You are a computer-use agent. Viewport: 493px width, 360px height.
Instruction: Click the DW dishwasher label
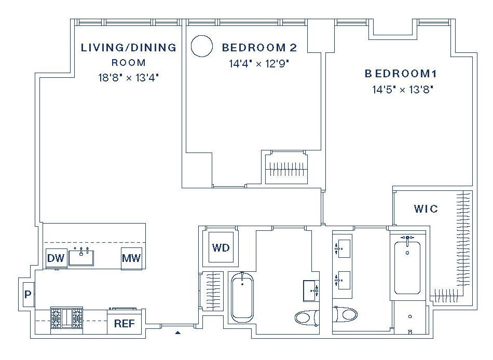click(x=56, y=258)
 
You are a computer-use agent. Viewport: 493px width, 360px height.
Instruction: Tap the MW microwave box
click(x=131, y=258)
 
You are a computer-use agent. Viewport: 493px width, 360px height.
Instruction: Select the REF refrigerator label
click(x=125, y=324)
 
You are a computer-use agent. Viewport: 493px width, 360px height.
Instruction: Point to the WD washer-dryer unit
click(x=221, y=247)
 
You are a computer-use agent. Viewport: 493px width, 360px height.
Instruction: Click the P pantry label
click(x=28, y=295)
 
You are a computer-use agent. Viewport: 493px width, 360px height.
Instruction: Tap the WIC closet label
click(x=426, y=209)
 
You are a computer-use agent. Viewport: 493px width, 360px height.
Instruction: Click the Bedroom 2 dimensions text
click(x=259, y=64)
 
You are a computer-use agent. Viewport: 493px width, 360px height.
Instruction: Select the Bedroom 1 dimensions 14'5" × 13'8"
click(x=403, y=90)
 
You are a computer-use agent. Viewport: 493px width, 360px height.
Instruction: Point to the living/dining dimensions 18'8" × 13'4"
click(x=128, y=77)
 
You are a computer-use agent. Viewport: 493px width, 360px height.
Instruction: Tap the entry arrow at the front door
click(x=178, y=333)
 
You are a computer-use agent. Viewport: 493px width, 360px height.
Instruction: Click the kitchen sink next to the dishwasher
click(x=81, y=257)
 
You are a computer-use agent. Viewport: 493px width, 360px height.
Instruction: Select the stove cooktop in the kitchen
click(x=66, y=318)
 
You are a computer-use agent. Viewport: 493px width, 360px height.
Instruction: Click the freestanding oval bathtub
click(x=242, y=297)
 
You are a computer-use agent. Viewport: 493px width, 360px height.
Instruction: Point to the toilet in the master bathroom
click(x=345, y=314)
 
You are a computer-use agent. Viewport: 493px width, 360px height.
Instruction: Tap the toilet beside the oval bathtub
click(x=307, y=317)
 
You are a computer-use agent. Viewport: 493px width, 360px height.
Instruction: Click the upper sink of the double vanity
click(x=342, y=248)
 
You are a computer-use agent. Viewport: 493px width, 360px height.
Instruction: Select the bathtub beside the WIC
click(x=407, y=268)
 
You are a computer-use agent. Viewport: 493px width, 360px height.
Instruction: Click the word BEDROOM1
click(x=401, y=74)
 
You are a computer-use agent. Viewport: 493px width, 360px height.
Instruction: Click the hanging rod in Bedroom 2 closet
click(x=286, y=170)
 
